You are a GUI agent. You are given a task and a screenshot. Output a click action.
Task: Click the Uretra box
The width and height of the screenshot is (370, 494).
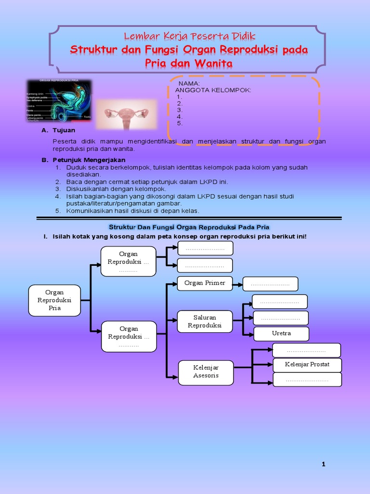[x=281, y=333]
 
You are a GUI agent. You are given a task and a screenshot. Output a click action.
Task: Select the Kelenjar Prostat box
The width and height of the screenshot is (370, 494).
[x=307, y=364]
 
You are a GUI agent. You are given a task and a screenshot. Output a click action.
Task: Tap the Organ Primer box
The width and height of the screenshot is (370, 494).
[x=204, y=283]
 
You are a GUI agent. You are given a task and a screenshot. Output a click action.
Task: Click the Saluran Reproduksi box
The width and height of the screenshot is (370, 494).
[x=205, y=322]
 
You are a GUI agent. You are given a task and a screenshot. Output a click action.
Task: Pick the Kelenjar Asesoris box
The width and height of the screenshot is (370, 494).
[x=206, y=372]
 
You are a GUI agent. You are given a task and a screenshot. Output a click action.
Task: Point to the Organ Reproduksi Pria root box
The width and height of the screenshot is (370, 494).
[x=54, y=300]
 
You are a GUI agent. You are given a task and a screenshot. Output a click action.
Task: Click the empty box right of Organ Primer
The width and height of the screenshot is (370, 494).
[x=270, y=284]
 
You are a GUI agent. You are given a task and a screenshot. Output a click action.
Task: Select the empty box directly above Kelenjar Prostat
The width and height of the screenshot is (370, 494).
[x=306, y=350]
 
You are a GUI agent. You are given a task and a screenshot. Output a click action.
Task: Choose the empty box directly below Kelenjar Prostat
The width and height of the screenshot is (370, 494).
[x=307, y=380]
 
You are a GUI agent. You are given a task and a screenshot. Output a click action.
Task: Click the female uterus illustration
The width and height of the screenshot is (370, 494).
[x=126, y=115]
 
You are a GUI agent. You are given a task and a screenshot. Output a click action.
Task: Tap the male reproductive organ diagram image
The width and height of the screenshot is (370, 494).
[x=59, y=100]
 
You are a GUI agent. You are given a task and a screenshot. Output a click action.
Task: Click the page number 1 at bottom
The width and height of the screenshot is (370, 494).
[x=324, y=464]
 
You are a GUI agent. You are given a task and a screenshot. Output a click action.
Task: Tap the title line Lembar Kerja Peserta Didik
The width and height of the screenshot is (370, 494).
[x=189, y=36]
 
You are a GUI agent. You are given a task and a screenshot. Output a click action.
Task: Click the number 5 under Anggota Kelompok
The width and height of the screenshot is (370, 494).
[x=180, y=123]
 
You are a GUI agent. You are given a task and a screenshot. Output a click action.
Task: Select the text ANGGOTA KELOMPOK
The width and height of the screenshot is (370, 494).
[x=213, y=90]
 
